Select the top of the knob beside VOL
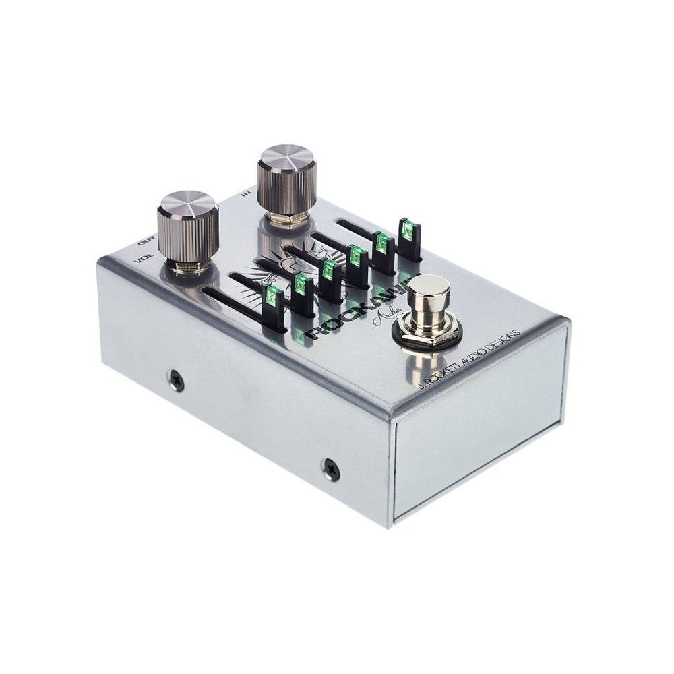pyautogui.click(x=187, y=203)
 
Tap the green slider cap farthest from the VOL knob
pyautogui.click(x=408, y=231)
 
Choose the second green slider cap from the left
pyautogui.click(x=301, y=284)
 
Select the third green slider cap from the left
pyautogui.click(x=329, y=270)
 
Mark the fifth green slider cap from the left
pyautogui.click(x=382, y=243)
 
